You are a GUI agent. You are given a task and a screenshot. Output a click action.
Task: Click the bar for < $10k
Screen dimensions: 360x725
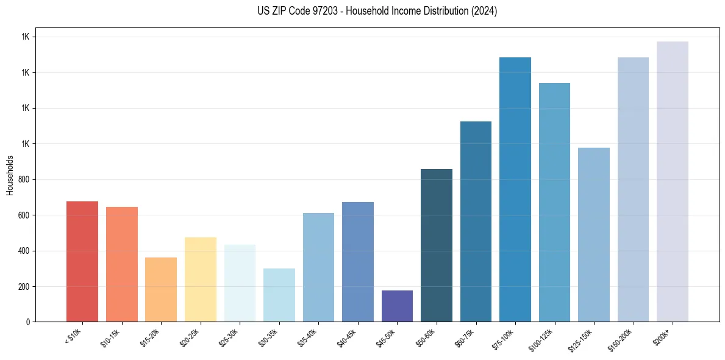point(82,261)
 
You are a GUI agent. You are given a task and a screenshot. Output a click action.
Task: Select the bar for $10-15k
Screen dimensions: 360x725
point(121,264)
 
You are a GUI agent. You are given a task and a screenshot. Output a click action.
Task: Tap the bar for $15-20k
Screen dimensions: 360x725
point(161,289)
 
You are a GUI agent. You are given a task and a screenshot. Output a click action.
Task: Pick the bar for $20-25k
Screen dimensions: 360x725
point(200,279)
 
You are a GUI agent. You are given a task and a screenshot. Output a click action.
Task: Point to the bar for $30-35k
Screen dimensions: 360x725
point(279,295)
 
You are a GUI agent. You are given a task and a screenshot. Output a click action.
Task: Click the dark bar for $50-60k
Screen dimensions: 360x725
point(436,245)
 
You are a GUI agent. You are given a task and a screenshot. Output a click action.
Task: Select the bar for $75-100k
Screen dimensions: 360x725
point(515,189)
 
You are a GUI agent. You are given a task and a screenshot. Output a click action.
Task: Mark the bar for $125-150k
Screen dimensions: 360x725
point(593,234)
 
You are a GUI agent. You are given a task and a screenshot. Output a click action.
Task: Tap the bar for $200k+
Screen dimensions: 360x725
point(672,181)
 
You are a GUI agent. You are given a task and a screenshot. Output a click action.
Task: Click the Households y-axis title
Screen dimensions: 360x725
point(10,175)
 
